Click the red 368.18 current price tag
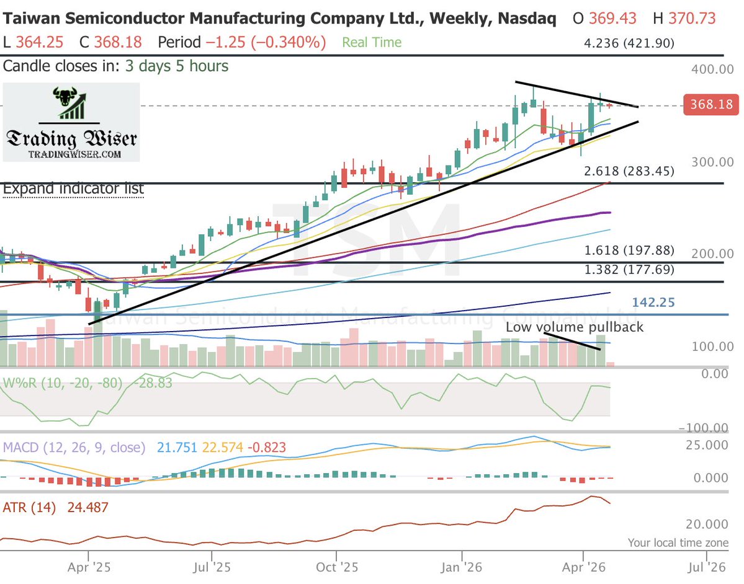710,105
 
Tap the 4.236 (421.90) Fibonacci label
629,43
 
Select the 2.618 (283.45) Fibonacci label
629,172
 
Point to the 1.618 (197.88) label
629,250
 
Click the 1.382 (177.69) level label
629,270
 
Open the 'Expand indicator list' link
73,188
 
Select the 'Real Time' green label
372,43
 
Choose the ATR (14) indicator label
29,508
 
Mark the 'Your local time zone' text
678,542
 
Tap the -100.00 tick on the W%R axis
704,428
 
